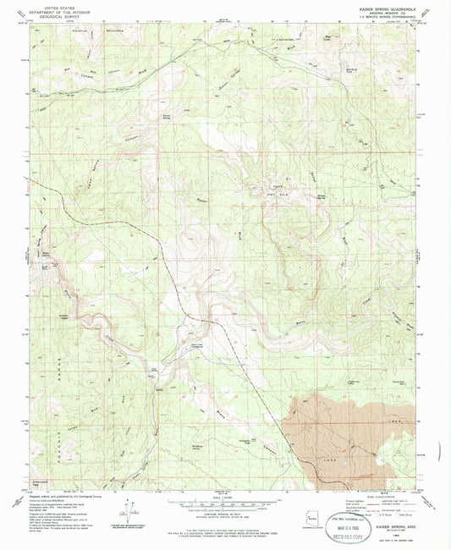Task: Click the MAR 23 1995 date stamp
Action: (350, 524)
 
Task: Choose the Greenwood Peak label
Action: (40, 485)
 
